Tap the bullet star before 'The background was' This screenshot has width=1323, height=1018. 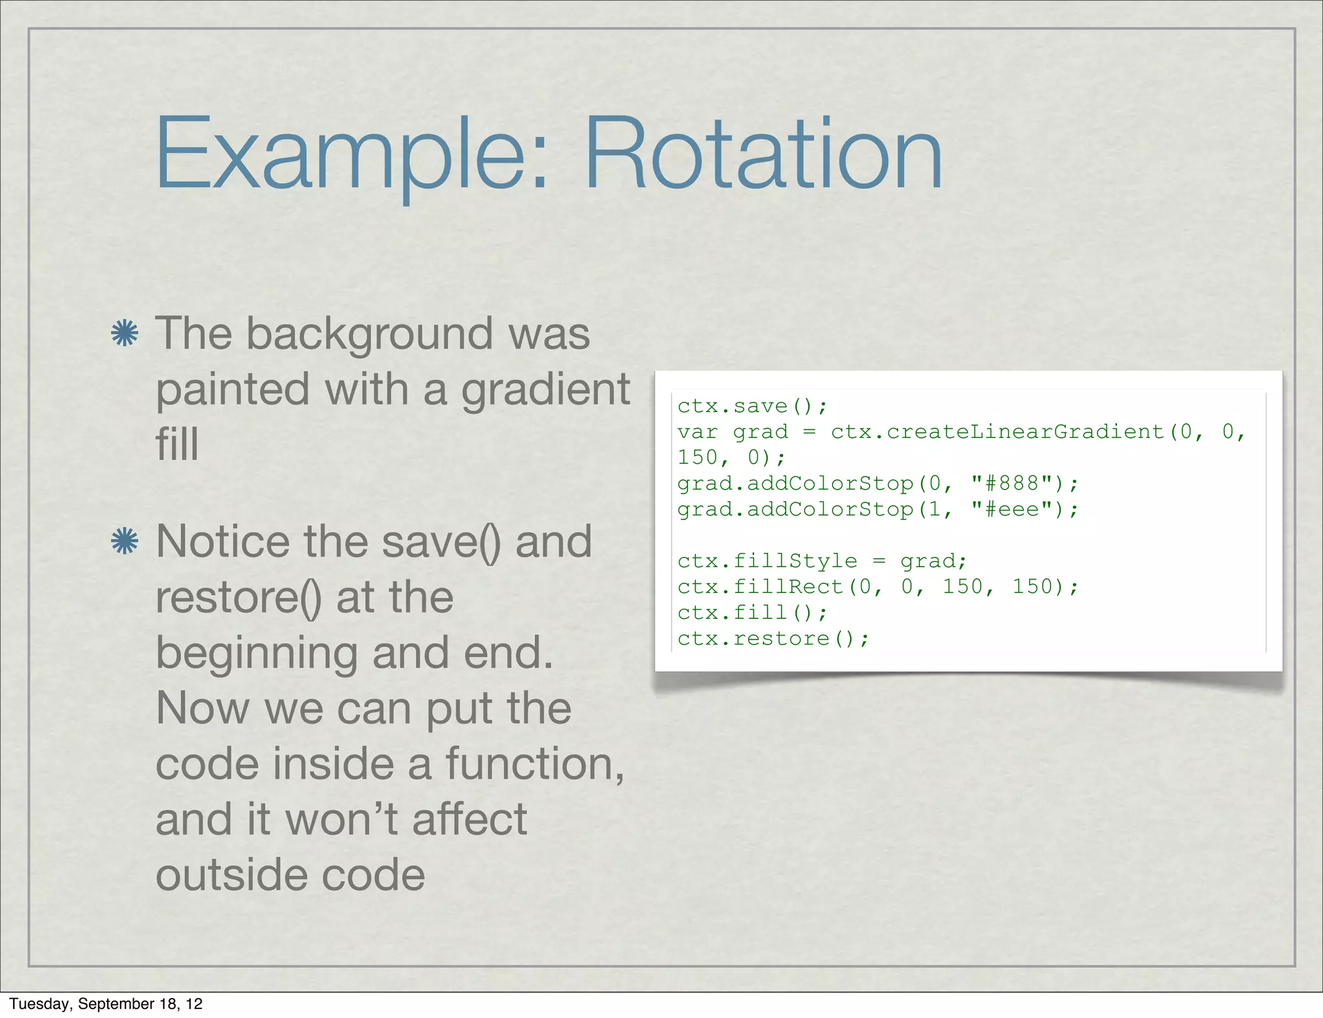tap(124, 333)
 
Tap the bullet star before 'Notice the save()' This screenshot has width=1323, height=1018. tap(124, 541)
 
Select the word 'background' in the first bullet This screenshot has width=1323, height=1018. tap(370, 335)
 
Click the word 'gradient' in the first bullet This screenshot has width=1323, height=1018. tap(545, 390)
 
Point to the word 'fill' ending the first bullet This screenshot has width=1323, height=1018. tap(176, 444)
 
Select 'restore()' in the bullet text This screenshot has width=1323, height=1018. tap(238, 597)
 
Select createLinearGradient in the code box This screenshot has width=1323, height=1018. tap(997, 431)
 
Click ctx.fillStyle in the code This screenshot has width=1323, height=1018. tap(767, 561)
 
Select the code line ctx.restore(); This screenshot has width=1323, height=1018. tap(773, 639)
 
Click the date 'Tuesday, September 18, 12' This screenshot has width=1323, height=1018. tap(106, 1004)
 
